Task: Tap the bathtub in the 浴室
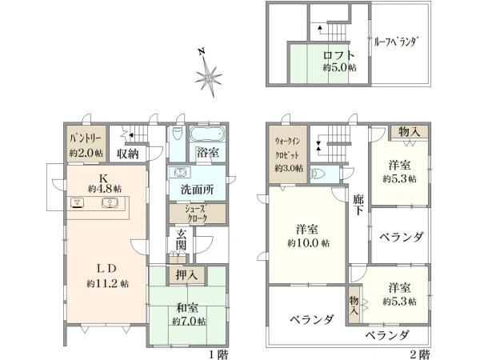[207, 134]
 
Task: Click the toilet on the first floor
[177, 134]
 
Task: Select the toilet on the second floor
[317, 174]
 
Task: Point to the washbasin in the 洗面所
[182, 173]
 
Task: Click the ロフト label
[339, 55]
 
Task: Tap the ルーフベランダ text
[397, 42]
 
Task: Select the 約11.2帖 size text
[107, 284]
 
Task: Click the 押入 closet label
[186, 275]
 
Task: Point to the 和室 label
[187, 308]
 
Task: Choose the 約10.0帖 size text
[309, 243]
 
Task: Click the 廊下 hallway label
[358, 205]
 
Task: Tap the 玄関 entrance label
[182, 240]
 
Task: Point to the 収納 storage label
[128, 154]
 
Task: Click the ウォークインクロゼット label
[287, 148]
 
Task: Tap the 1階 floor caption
[218, 354]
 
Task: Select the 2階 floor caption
[420, 354]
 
